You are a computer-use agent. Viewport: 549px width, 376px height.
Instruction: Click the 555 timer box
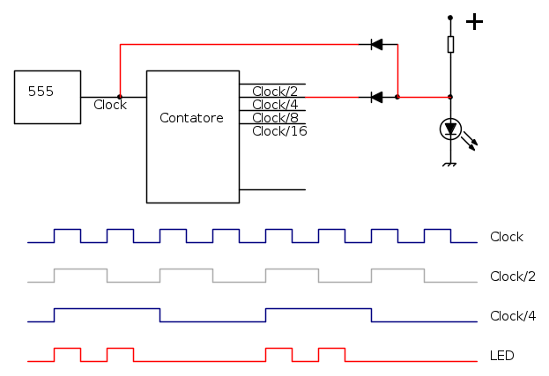47,96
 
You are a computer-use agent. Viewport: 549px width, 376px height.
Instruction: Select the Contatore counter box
192,136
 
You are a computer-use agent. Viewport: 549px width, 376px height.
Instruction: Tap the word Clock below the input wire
110,105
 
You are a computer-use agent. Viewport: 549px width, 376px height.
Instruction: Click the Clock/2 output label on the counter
275,92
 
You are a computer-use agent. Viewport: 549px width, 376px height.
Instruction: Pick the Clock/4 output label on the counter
275,105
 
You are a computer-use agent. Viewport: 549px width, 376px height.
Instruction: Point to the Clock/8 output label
275,118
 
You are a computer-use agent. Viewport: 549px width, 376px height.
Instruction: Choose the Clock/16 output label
279,131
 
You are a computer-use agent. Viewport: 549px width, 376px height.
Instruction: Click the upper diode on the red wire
376,44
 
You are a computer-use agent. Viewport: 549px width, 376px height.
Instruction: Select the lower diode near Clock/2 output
376,97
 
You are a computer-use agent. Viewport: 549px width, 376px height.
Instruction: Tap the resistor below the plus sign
450,44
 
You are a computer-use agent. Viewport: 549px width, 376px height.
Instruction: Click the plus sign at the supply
474,21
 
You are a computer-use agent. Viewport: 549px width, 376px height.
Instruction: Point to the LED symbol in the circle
450,129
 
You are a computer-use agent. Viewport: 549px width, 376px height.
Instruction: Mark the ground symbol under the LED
450,163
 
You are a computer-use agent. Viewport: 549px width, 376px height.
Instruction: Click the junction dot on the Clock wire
120,97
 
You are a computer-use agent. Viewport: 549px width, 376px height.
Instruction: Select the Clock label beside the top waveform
507,237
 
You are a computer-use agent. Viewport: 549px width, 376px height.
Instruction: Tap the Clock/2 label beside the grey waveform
513,276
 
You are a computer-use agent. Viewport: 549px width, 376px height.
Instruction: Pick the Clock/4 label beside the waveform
513,316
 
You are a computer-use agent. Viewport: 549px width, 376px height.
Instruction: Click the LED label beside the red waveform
501,356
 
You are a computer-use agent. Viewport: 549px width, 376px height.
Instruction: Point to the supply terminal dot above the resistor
450,17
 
